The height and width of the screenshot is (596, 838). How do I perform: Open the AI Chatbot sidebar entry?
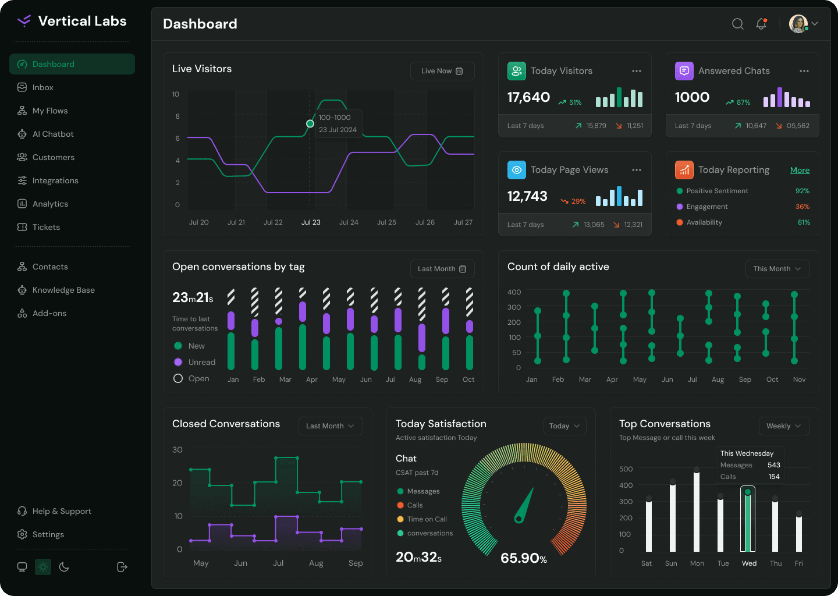[x=45, y=134]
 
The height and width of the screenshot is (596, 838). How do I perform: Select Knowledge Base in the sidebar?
[x=56, y=290]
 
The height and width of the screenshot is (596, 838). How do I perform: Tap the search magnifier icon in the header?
[x=737, y=24]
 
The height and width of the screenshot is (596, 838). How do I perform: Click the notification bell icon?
[x=761, y=24]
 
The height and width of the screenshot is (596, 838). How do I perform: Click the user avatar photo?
[x=798, y=24]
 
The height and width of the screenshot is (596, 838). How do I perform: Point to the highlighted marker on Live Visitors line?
[x=310, y=124]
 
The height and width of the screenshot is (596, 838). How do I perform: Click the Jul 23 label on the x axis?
[x=311, y=222]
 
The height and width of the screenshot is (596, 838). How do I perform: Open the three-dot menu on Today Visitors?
[x=637, y=71]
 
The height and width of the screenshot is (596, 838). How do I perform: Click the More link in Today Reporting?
[x=800, y=170]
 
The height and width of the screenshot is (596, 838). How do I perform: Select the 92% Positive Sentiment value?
[x=803, y=191]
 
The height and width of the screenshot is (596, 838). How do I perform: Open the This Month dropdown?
[x=777, y=269]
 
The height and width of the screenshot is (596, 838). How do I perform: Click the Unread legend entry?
[x=195, y=362]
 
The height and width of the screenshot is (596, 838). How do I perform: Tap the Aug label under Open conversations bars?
[x=415, y=379]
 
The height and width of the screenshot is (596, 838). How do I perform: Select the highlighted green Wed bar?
[x=747, y=520]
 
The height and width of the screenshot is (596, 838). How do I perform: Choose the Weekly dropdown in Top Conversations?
[x=784, y=426]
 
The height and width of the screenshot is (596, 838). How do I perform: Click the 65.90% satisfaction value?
[x=523, y=558]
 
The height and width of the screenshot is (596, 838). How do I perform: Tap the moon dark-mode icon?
[x=64, y=567]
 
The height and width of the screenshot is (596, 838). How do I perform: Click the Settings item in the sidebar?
[x=40, y=534]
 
